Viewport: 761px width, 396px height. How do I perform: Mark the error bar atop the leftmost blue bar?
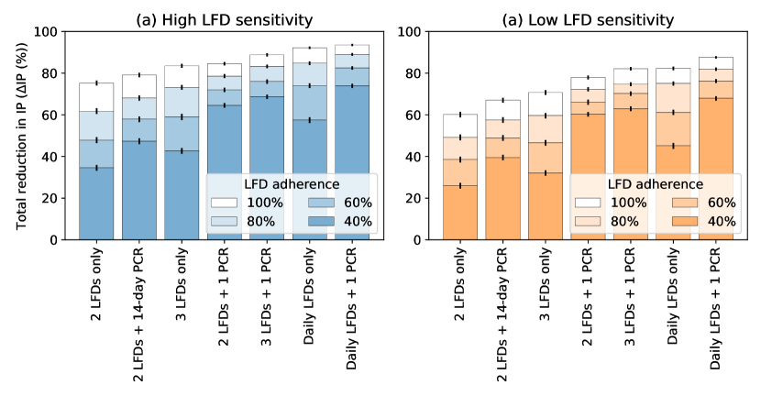click(x=97, y=83)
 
